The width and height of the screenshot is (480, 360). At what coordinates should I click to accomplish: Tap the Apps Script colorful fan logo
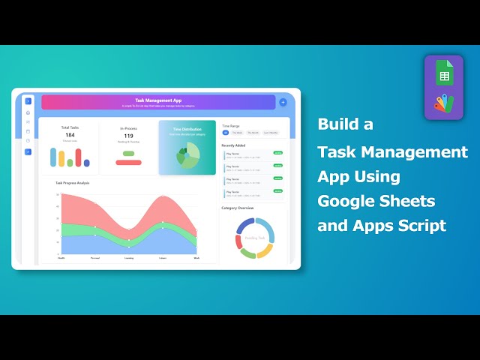pos(443,103)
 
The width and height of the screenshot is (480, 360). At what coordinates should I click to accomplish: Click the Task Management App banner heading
pos(158,100)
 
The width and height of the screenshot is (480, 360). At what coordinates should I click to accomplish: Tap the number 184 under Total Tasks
pos(70,135)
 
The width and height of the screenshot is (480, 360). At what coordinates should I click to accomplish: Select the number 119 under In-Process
pos(128,136)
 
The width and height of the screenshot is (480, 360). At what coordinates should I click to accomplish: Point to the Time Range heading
pos(231,126)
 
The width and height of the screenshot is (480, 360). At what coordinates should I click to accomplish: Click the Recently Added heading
pos(234,145)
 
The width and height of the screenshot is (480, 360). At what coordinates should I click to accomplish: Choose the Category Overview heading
pos(238,208)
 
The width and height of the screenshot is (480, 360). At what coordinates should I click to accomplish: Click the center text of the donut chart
pos(254,238)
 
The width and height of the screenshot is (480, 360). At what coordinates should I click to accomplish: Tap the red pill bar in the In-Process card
pos(128,162)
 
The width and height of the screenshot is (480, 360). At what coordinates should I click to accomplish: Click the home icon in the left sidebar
pos(28,112)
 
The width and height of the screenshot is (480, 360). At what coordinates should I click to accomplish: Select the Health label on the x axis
pos(61,258)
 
